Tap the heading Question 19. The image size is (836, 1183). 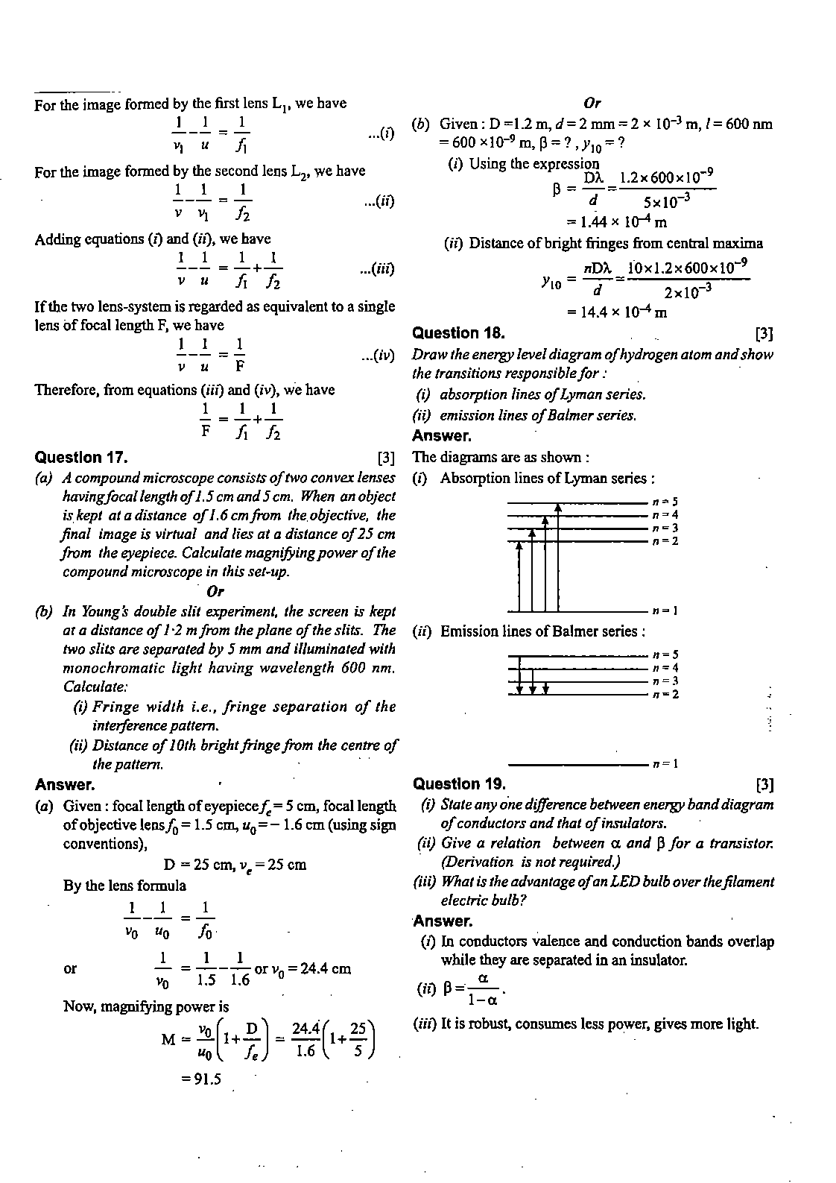(459, 783)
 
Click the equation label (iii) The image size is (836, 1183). (376, 269)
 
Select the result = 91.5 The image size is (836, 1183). (200, 1079)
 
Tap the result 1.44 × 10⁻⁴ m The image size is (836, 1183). (616, 221)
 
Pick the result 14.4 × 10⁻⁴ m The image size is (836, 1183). (616, 312)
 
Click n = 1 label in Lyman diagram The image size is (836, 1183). (664, 611)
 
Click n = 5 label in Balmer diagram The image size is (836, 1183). (665, 654)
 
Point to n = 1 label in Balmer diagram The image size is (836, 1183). (665, 764)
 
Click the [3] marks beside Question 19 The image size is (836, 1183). (764, 784)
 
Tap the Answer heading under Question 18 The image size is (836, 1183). (441, 436)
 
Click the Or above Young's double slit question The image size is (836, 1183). (215, 592)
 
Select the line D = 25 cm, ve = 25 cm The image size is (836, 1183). (235, 865)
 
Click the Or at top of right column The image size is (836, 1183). (592, 104)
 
